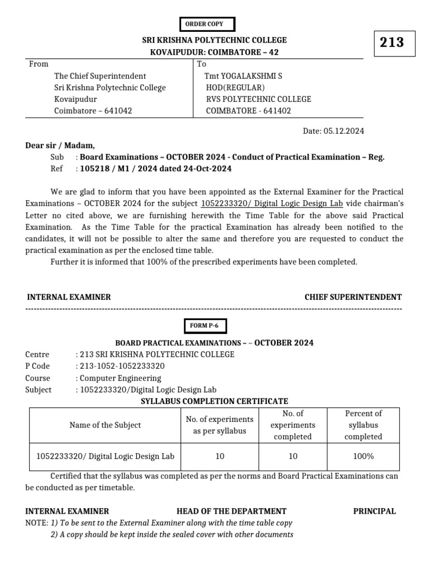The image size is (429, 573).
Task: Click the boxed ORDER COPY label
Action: coord(207,24)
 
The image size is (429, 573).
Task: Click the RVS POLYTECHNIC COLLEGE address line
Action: coord(258,99)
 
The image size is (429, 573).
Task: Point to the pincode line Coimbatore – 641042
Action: coord(93,111)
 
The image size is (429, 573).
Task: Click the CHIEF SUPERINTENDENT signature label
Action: coord(352,297)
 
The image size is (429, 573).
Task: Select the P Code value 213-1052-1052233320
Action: coord(120,366)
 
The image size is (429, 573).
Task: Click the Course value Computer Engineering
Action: coord(120,378)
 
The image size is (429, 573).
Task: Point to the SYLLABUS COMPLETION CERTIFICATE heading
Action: coord(214,401)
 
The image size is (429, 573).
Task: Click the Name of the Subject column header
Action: coord(105,425)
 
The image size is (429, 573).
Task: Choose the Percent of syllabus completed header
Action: coord(363,425)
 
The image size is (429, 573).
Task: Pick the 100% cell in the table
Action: coord(363,456)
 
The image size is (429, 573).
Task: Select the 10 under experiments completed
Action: coord(293,456)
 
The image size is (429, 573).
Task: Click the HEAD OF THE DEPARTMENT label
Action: coord(231,511)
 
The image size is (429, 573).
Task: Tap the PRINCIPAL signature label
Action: coord(374,511)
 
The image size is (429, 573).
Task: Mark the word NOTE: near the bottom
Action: coord(37,523)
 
